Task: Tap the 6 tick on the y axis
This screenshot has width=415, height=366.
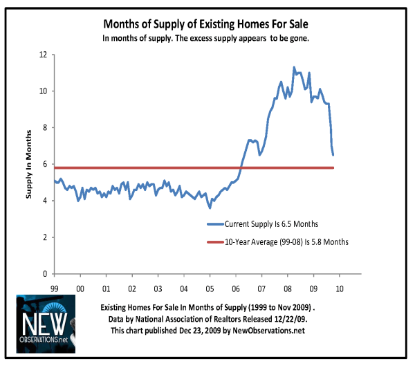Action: tap(45, 165)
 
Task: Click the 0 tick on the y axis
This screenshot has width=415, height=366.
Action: tap(45, 274)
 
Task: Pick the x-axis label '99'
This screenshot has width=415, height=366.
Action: tap(55, 287)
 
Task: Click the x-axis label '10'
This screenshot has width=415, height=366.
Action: tap(339, 287)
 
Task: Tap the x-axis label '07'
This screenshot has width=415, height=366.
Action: tap(261, 287)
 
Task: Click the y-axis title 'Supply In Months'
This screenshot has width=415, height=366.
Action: tap(30, 164)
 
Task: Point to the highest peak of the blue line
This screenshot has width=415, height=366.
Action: tap(294, 67)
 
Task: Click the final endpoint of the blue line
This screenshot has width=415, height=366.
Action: tap(333, 155)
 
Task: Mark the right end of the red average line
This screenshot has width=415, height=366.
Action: tap(333, 167)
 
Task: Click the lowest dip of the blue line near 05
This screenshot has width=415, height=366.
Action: tap(210, 208)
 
